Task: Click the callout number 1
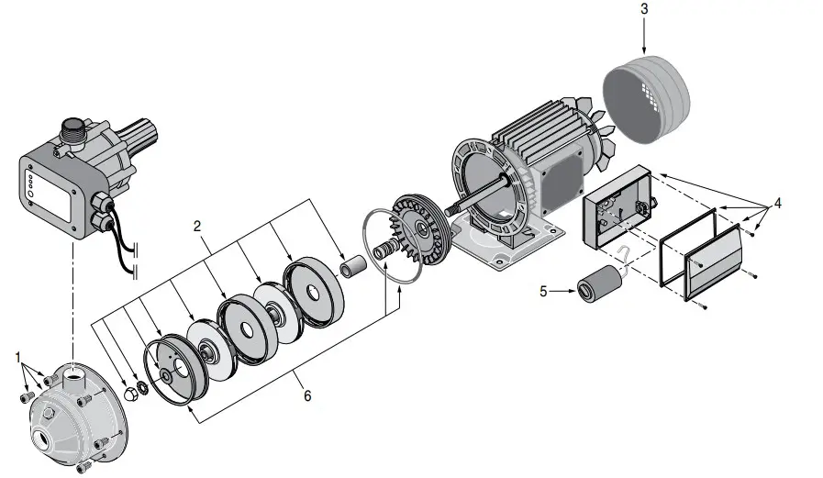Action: (17, 353)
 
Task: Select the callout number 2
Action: (196, 224)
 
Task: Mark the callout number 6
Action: (308, 395)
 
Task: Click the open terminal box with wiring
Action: (617, 209)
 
